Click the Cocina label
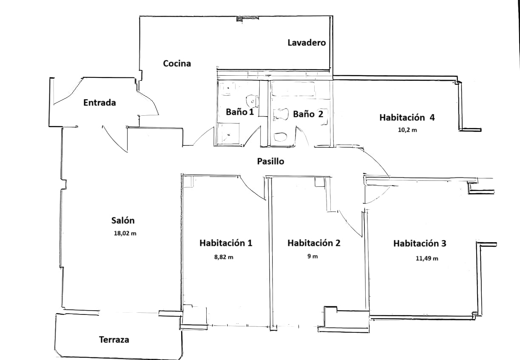[x=177, y=64]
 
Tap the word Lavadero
[x=307, y=43]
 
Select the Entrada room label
[x=99, y=103]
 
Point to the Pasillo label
[x=270, y=162]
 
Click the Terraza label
[x=114, y=340]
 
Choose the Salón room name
[x=123, y=220]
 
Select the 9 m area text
[x=312, y=256]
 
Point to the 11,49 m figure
[x=427, y=258]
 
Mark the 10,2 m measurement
[x=407, y=130]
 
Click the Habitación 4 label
[x=407, y=118]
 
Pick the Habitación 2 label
[x=314, y=243]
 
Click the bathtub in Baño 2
[x=293, y=90]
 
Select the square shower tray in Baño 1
[x=228, y=134]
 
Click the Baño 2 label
[x=308, y=114]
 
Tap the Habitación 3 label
[x=420, y=244]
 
